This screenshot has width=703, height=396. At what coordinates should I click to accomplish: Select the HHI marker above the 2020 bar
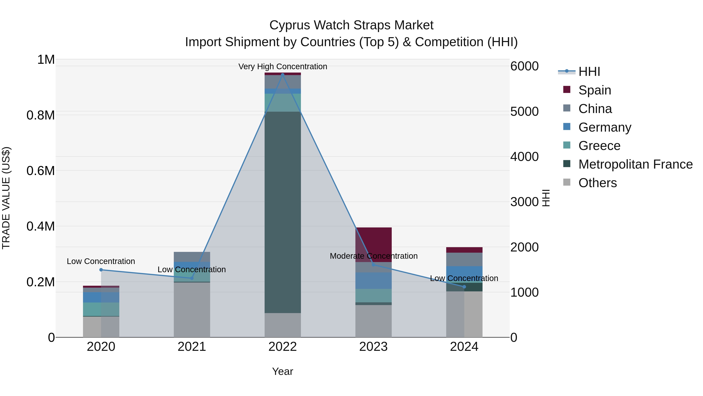pyautogui.click(x=101, y=270)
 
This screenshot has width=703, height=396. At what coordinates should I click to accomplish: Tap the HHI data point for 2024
pyautogui.click(x=464, y=287)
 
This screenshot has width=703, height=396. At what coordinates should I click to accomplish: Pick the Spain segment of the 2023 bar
pyautogui.click(x=373, y=244)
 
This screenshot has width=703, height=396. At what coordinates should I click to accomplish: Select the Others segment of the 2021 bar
pyautogui.click(x=192, y=310)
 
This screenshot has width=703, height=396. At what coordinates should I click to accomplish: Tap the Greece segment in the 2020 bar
pyautogui.click(x=101, y=309)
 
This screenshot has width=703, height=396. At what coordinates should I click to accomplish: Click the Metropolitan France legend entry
pyautogui.click(x=635, y=164)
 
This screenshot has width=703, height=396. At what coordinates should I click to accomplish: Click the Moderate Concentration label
pyautogui.click(x=373, y=256)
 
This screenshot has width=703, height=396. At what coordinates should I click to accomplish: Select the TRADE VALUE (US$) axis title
pyautogui.click(x=6, y=198)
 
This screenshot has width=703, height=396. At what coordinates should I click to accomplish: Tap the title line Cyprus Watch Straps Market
pyautogui.click(x=351, y=25)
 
